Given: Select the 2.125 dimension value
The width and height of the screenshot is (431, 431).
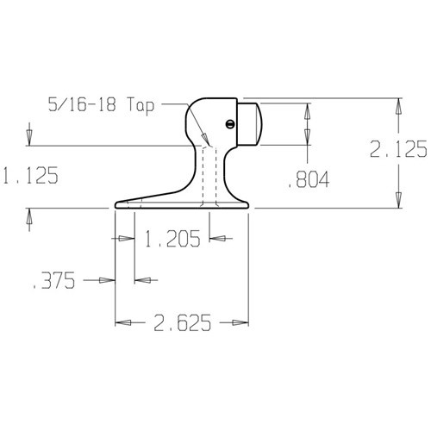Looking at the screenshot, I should tap(398, 149).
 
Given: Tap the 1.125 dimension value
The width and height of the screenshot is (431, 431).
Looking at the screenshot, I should tap(29, 176).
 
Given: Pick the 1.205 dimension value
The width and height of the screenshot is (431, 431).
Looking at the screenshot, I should tap(172, 238).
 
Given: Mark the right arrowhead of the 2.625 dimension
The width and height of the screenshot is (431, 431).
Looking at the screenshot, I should tap(244, 322).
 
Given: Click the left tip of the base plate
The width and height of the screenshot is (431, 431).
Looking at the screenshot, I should tap(116, 206).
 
